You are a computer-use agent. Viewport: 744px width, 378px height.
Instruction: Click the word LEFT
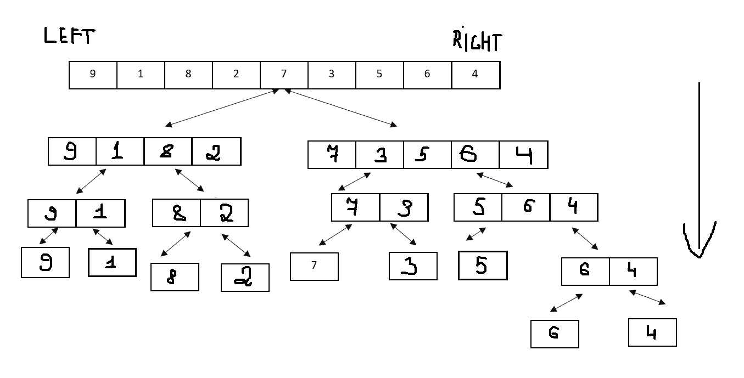pyautogui.click(x=69, y=37)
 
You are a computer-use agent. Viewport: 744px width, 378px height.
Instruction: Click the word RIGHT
pyautogui.click(x=477, y=41)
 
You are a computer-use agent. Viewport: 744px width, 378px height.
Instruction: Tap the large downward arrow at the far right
pyautogui.click(x=699, y=170)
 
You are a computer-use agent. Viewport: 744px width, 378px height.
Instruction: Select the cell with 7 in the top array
pyautogui.click(x=284, y=75)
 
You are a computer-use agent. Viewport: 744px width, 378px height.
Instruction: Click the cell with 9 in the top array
pyautogui.click(x=93, y=75)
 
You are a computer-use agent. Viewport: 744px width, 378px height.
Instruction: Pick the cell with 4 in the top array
pyautogui.click(x=476, y=75)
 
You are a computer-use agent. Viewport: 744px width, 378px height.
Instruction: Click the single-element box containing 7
pyautogui.click(x=314, y=266)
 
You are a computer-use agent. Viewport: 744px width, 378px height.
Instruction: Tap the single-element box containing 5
pyautogui.click(x=483, y=266)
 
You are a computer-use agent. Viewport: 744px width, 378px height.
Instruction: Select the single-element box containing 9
pyautogui.click(x=45, y=262)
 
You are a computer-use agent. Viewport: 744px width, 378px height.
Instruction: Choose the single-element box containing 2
pyautogui.click(x=245, y=277)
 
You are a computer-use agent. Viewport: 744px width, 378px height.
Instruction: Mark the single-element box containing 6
pyautogui.click(x=555, y=334)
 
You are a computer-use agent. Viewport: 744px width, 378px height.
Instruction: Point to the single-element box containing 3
pyautogui.click(x=413, y=266)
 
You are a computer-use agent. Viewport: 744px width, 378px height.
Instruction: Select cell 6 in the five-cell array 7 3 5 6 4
pyautogui.click(x=475, y=155)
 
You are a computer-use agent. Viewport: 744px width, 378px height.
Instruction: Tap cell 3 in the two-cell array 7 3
pyautogui.click(x=404, y=207)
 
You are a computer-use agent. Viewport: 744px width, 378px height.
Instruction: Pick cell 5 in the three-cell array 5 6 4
pyautogui.click(x=478, y=208)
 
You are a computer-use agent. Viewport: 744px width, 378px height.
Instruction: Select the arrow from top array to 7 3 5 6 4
pyautogui.click(x=340, y=109)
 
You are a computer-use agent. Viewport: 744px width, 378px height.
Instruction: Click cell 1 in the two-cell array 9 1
pyautogui.click(x=100, y=213)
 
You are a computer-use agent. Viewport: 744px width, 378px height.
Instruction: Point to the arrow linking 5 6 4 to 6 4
pyautogui.click(x=585, y=239)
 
